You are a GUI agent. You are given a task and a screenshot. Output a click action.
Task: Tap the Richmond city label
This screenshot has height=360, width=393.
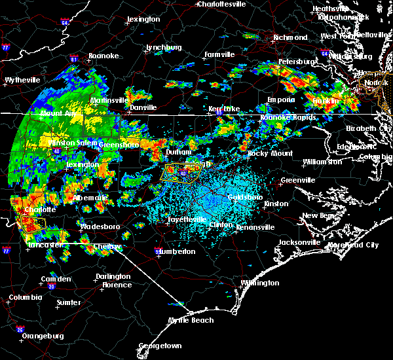290,37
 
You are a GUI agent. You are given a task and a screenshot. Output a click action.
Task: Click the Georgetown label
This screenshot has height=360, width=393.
159,346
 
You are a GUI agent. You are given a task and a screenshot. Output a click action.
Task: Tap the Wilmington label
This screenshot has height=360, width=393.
259,283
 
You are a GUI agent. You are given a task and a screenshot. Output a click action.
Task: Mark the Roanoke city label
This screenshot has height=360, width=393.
103,56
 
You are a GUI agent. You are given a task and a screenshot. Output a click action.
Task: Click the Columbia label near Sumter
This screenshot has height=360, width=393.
26,298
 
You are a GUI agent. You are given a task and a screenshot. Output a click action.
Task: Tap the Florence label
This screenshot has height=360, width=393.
117,285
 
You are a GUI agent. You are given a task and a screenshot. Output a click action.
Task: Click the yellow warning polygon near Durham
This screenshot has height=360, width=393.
181,173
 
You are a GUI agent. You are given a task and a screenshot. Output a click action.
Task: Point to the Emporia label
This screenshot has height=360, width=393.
281,100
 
